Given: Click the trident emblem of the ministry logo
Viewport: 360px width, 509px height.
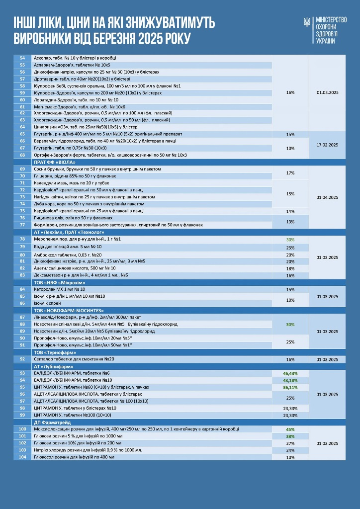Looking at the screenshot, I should coord(307,23).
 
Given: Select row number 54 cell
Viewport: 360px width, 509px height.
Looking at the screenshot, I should coord(22,58).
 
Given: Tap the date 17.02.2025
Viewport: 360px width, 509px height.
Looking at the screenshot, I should coord(327,145).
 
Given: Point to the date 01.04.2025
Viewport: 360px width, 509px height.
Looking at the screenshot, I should coord(327,197).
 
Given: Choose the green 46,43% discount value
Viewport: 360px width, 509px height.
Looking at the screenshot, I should coord(290,373).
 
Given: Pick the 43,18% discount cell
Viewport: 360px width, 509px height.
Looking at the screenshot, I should coord(290,380).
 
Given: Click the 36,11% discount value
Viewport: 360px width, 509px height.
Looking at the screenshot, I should coord(290,387).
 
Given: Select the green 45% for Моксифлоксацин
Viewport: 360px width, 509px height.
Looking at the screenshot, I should coord(290,429).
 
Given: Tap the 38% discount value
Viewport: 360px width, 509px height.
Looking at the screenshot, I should coord(290,436).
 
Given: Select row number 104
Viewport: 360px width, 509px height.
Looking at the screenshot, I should coord(22,457).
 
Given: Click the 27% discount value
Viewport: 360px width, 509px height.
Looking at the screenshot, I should coord(290,443).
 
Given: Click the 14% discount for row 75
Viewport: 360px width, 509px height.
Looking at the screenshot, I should coord(290,211).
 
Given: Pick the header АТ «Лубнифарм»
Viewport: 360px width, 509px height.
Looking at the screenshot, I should coord(53,366).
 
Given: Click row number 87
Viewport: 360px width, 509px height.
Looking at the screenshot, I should coord(22,317).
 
